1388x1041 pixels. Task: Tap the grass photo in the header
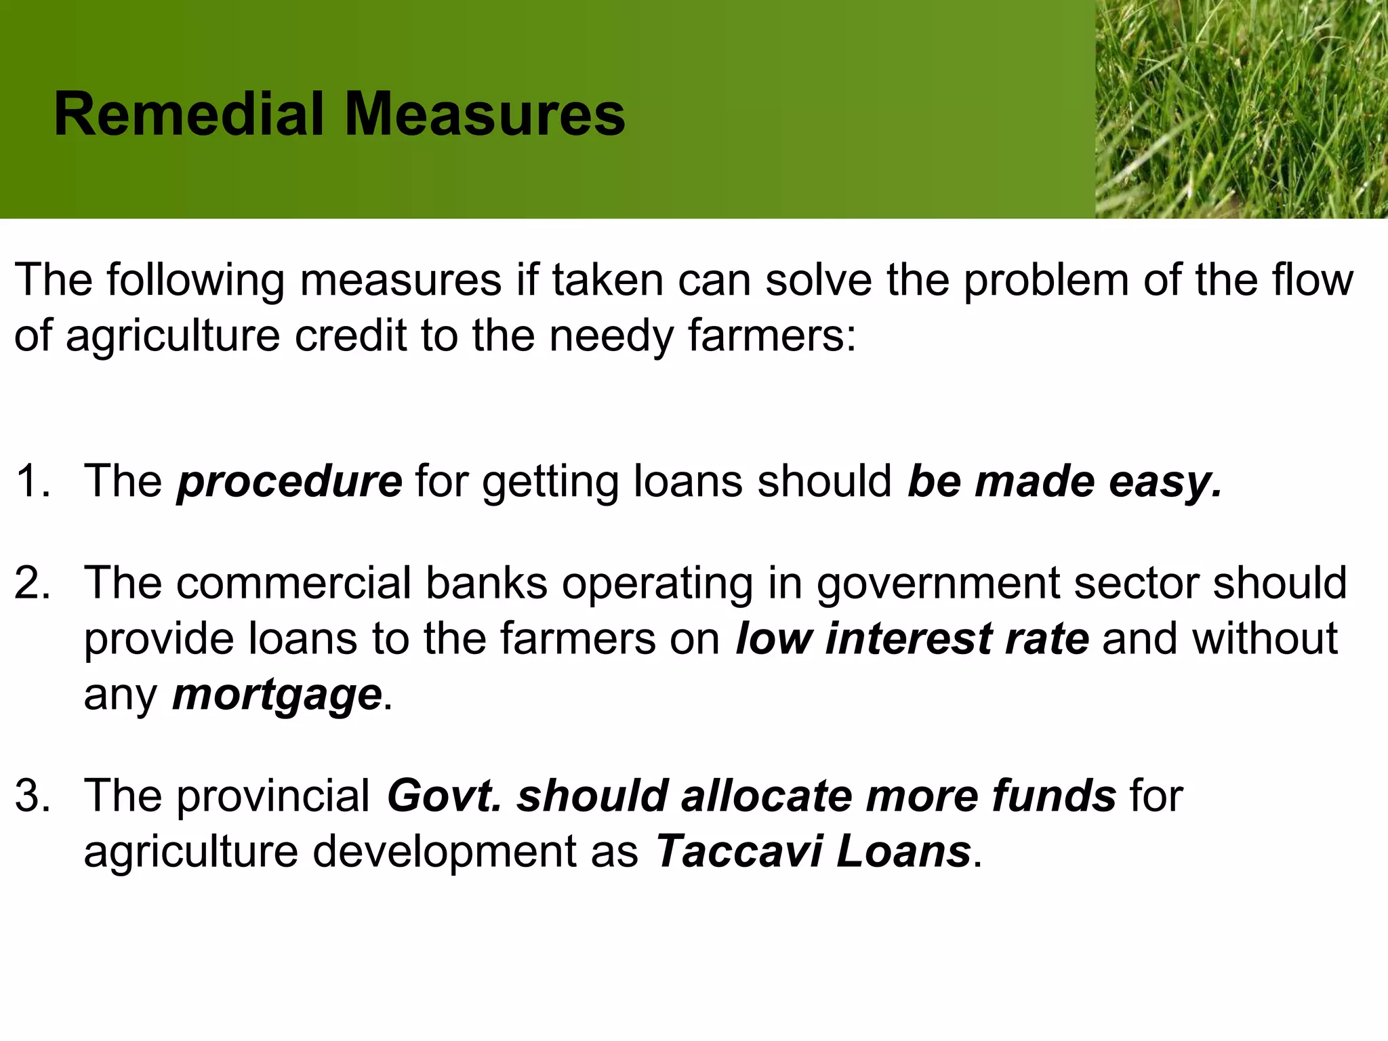tap(1241, 108)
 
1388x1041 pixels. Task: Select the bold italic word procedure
tap(289, 482)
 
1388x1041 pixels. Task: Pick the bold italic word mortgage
tap(277, 695)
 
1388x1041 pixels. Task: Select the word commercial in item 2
tap(293, 584)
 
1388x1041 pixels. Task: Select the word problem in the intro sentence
tap(1046, 280)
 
